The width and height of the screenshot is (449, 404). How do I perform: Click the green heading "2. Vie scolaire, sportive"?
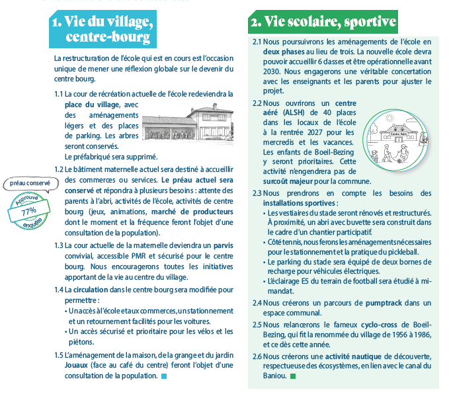(x=322, y=22)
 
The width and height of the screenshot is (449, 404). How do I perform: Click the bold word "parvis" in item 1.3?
(x=222, y=245)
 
